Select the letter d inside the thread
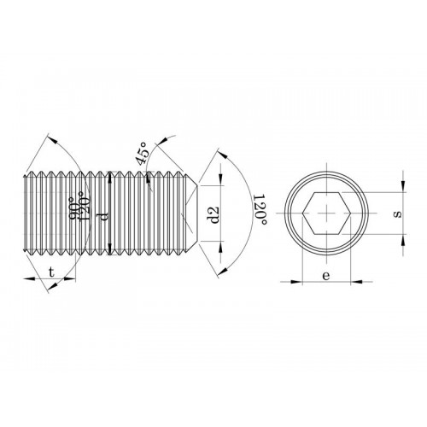[103, 216]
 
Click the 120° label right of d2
[260, 210]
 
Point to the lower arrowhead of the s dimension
[401, 238]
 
